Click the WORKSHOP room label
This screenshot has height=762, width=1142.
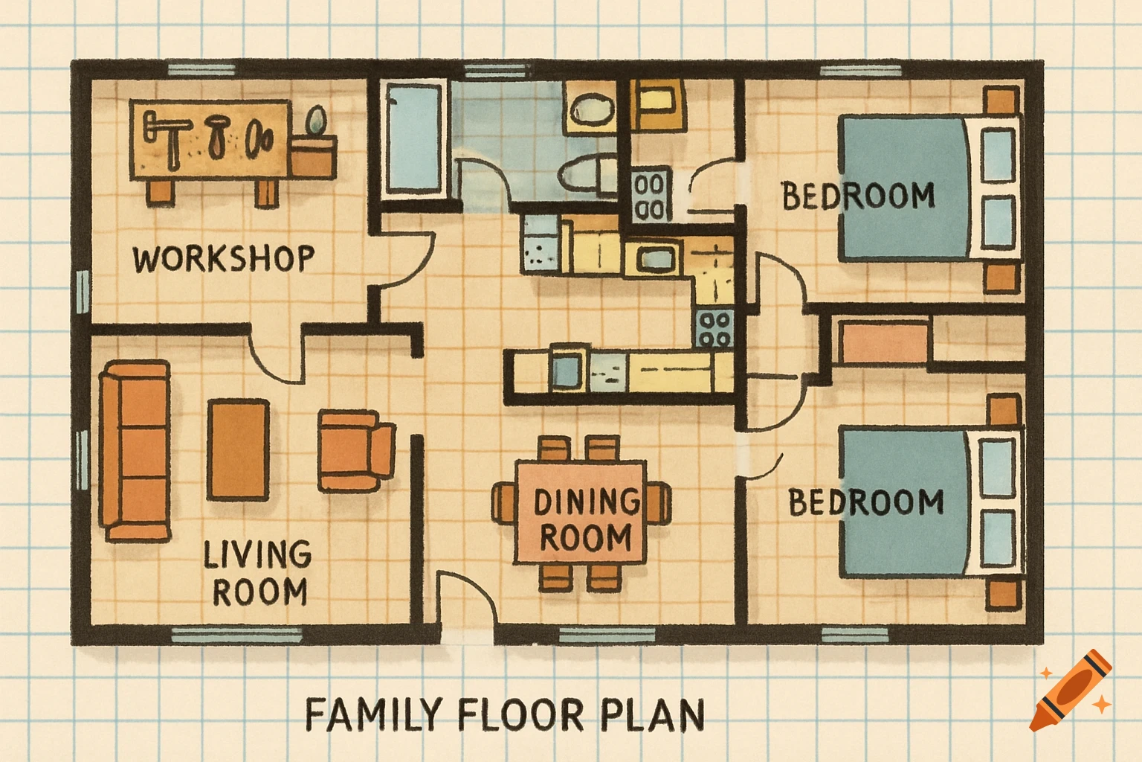click(x=223, y=259)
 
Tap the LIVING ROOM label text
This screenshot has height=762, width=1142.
click(x=258, y=573)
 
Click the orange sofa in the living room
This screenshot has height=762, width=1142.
click(x=135, y=450)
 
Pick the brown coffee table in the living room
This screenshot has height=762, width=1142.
click(x=238, y=449)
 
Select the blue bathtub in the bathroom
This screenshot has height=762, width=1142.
click(x=414, y=139)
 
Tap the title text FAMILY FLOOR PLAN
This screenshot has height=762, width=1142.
click(x=505, y=714)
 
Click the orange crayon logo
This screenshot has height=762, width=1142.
click(x=1071, y=691)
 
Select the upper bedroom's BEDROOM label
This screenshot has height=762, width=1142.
click(x=858, y=196)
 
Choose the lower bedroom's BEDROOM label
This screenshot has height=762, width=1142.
click(x=865, y=502)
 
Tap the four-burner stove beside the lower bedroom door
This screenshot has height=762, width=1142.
click(x=715, y=329)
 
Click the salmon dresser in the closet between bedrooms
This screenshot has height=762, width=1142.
click(x=883, y=342)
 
